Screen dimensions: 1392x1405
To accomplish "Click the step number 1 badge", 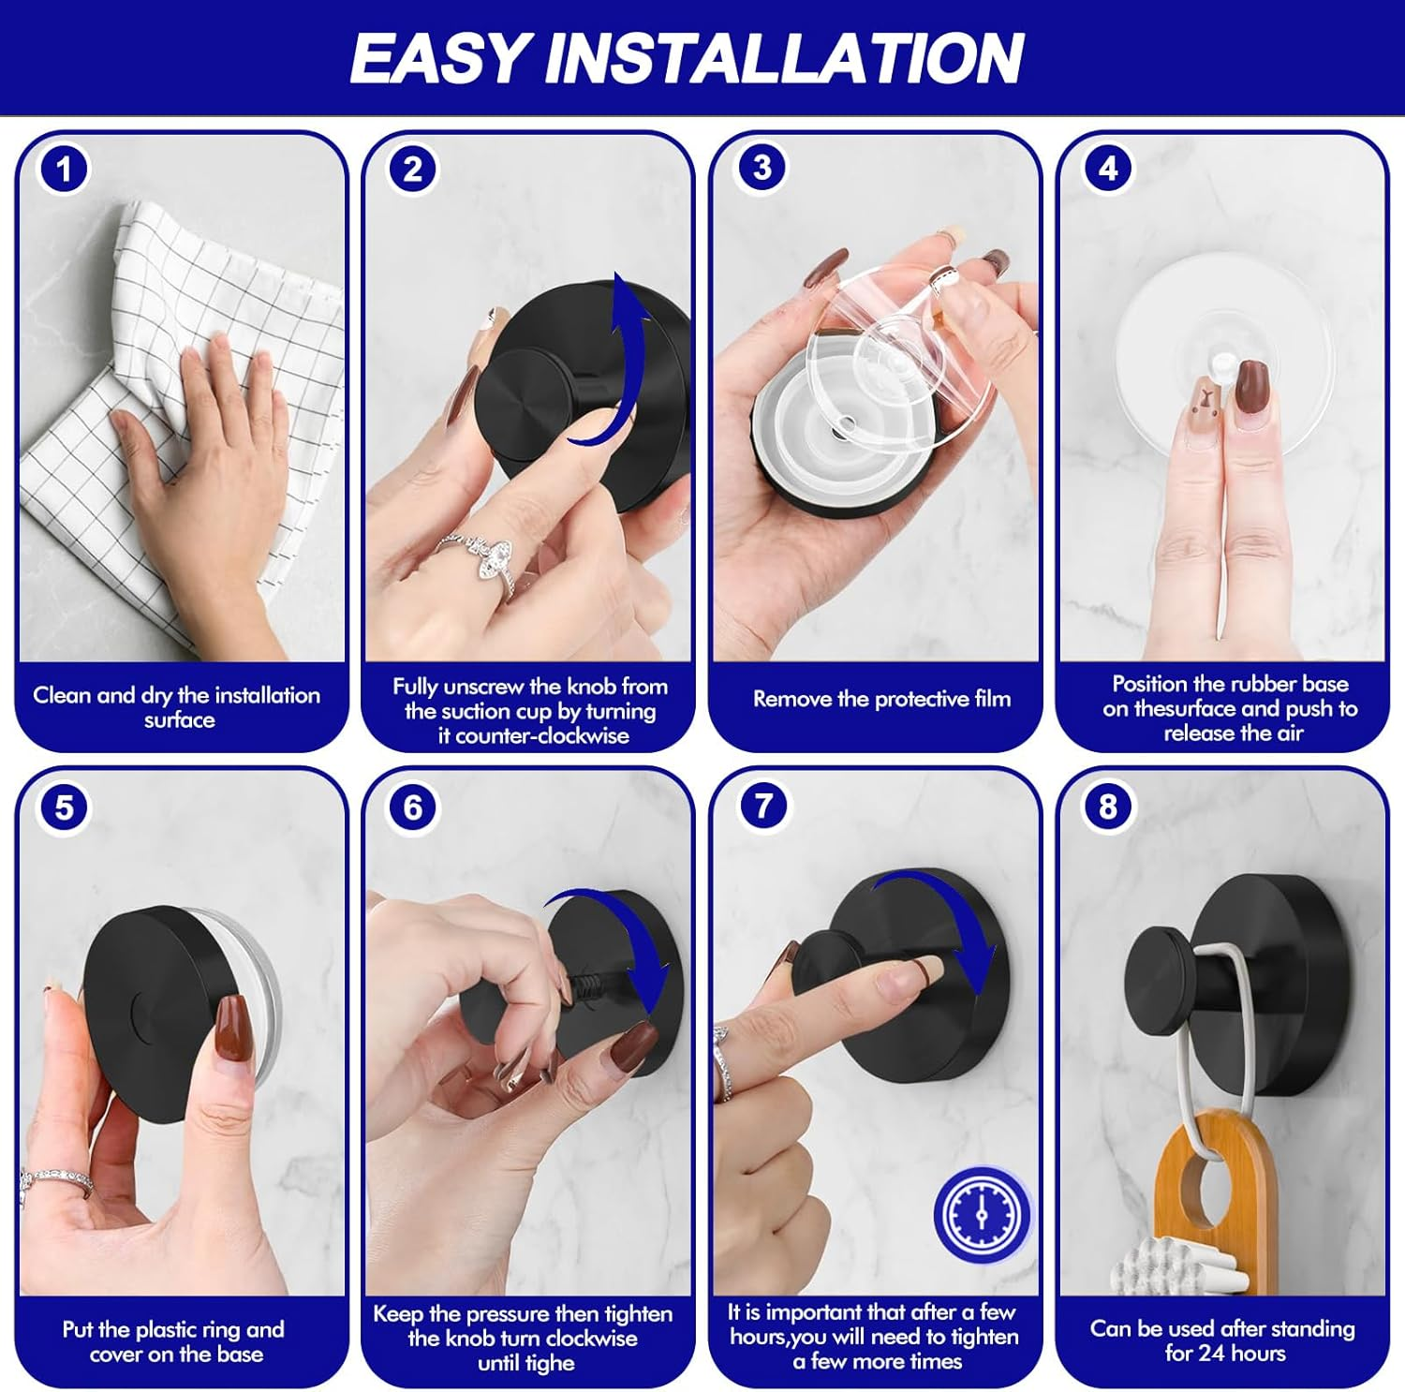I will [63, 170].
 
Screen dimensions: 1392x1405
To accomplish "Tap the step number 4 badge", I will [1108, 169].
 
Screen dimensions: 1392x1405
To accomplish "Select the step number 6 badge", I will [412, 807].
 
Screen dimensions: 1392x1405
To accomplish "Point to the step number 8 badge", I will [1108, 807].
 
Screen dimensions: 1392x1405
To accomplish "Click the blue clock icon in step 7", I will [982, 1215].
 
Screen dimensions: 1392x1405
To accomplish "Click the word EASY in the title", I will [440, 59].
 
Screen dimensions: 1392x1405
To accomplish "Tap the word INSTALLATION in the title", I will [784, 59].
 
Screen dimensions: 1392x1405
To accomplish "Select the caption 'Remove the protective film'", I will [881, 699].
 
